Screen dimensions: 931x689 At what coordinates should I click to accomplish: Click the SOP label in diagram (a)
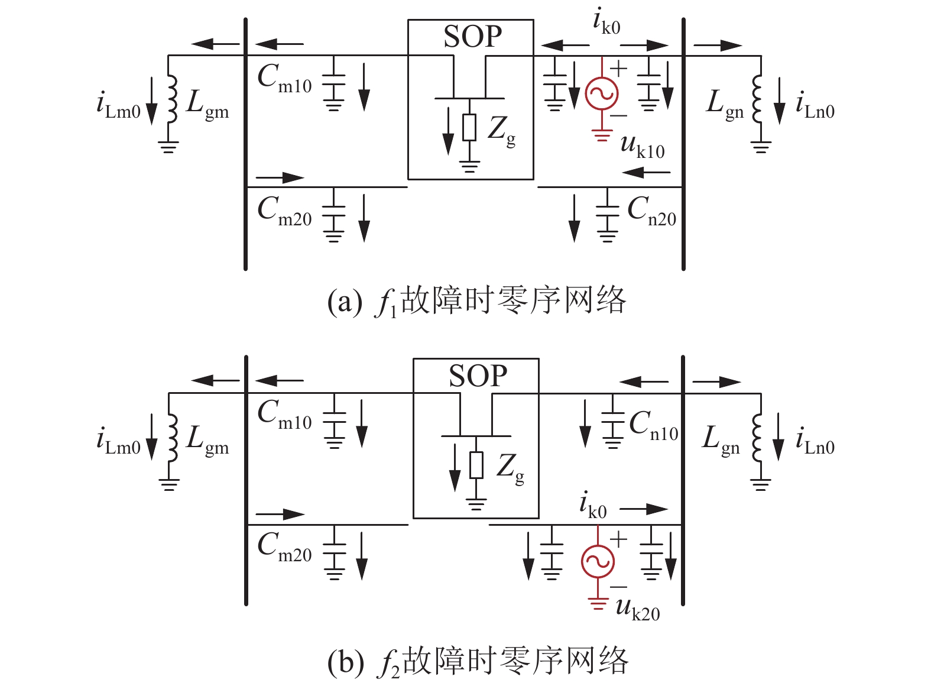(x=473, y=37)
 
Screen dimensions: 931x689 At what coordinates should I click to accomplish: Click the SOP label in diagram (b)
(x=478, y=376)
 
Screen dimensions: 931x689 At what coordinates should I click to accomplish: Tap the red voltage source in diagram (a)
(x=602, y=93)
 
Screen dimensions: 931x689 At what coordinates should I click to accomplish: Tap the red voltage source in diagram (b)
(x=598, y=561)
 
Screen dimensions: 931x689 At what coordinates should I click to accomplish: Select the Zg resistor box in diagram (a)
(x=469, y=127)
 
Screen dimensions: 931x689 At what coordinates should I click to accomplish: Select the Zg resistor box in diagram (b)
(x=476, y=465)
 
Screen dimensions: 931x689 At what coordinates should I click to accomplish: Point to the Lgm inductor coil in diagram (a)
(x=172, y=99)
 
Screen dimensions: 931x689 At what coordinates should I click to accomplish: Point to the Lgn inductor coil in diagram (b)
(x=757, y=437)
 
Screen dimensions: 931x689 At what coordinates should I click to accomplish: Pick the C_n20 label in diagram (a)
(x=652, y=212)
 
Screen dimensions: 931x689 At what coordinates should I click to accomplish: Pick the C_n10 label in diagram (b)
(x=654, y=426)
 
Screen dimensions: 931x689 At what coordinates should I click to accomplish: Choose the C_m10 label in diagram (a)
(x=284, y=79)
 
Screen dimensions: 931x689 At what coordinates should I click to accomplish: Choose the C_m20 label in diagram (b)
(x=284, y=548)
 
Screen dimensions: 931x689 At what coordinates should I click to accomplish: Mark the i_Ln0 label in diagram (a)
(x=815, y=105)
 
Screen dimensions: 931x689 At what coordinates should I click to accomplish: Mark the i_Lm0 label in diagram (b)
(x=118, y=442)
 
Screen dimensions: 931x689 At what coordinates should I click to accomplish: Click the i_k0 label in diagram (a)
(x=606, y=21)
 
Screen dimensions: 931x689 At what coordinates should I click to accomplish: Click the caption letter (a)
(x=345, y=301)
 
